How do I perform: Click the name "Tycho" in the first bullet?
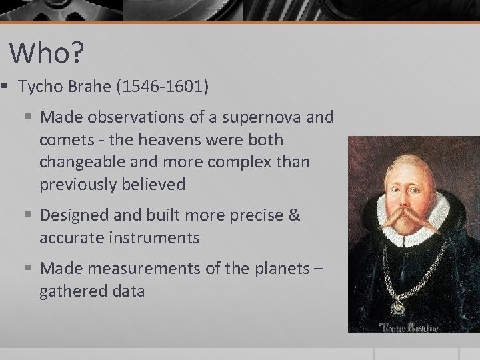[x=41, y=87]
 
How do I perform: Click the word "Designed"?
[x=71, y=215]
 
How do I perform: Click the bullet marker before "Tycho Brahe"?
[x=4, y=87]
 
